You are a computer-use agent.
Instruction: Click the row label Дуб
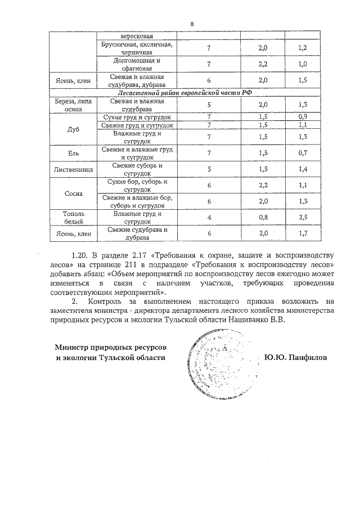(73, 129)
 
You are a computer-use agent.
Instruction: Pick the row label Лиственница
(73, 169)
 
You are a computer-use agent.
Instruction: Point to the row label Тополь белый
(73, 217)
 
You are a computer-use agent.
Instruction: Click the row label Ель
(73, 152)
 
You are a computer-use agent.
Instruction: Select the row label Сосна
(73, 193)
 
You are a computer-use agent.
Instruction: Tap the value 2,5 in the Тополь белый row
(303, 217)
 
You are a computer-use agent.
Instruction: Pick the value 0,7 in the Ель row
(303, 152)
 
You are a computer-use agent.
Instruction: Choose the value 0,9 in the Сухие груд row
(303, 116)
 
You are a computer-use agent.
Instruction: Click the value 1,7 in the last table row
(303, 233)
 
